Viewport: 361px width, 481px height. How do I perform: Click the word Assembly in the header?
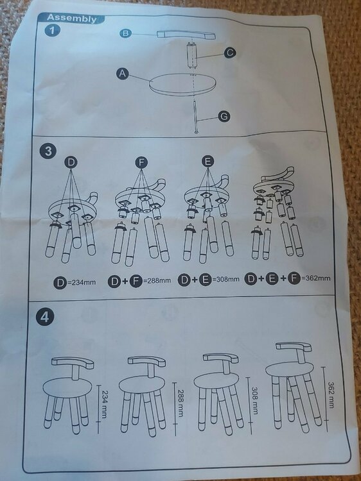(71, 19)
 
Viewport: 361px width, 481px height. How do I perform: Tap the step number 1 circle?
(52, 30)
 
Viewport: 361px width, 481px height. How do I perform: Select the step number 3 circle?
(48, 151)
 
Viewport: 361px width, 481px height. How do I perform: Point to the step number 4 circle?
(45, 317)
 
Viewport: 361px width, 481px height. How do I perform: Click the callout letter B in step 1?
(125, 33)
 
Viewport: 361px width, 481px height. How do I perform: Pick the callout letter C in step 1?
(230, 53)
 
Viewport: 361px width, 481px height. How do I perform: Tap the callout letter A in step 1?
(123, 74)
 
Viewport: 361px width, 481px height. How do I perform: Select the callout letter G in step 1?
(224, 117)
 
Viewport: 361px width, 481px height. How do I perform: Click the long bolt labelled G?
(196, 117)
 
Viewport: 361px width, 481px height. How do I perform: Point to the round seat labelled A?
(182, 85)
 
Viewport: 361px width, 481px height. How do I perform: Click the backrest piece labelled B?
(186, 35)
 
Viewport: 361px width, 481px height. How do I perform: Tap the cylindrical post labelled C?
(192, 55)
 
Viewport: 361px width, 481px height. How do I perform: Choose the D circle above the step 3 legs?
(71, 163)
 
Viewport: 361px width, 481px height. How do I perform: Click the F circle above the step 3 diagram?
(141, 163)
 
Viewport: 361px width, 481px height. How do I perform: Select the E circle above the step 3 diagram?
(208, 161)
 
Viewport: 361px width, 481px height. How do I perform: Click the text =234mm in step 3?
(81, 282)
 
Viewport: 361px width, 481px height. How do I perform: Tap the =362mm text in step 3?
(316, 278)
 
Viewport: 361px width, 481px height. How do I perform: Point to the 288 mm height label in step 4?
(181, 403)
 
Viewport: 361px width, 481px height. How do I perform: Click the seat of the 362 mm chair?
(290, 369)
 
